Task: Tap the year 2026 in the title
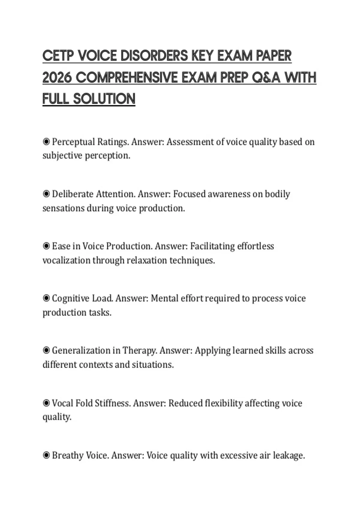point(57,78)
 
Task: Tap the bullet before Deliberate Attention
point(46,194)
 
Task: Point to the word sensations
point(63,208)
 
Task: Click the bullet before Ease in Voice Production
point(46,246)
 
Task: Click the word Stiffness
point(112,403)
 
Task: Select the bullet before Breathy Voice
point(46,455)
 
